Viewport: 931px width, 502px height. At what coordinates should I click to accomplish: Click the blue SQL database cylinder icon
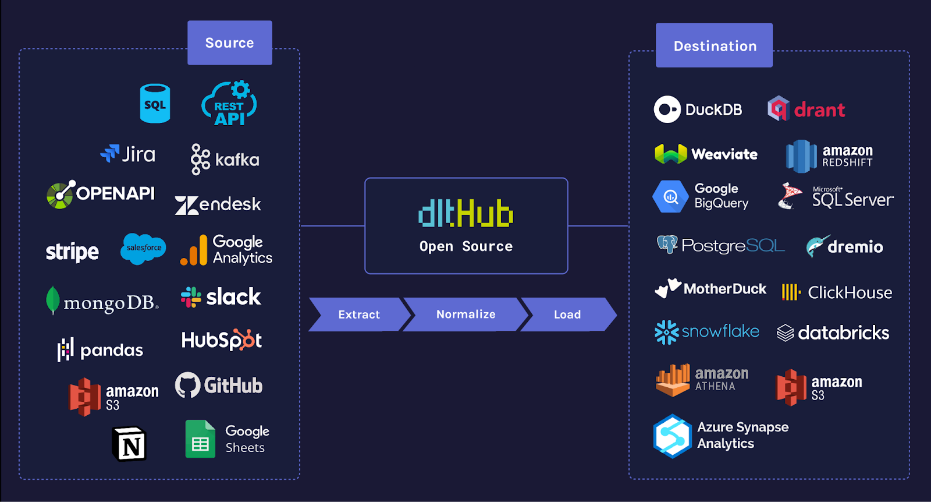tap(155, 104)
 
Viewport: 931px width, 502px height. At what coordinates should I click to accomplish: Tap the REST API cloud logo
tap(229, 104)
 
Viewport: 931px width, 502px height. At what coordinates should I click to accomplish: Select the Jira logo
tap(128, 154)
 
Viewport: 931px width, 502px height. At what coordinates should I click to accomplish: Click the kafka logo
tap(225, 159)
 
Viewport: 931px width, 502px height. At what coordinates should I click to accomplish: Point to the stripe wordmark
tap(72, 252)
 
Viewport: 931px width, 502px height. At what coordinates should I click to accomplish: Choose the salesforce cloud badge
tap(143, 248)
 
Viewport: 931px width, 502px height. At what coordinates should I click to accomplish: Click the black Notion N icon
tap(129, 444)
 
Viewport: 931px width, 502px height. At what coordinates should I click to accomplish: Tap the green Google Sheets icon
tap(200, 439)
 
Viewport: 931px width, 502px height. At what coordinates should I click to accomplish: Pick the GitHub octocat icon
tap(187, 385)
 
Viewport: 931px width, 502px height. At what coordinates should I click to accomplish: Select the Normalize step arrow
tap(465, 314)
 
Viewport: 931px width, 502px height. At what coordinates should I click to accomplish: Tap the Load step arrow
tap(567, 314)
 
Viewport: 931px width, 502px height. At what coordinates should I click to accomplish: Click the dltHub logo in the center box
tap(465, 214)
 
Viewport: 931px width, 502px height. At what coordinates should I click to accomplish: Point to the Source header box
tap(230, 43)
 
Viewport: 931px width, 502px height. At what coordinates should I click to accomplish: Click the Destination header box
tap(715, 45)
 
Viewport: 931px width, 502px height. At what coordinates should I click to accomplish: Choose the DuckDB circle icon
tap(667, 109)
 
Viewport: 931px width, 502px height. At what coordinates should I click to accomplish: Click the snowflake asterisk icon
tap(666, 332)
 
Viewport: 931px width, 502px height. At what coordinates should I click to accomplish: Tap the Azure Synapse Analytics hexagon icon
tap(672, 436)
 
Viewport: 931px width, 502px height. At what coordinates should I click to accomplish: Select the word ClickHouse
tap(850, 292)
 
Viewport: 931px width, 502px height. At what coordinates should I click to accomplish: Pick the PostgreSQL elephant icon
tap(667, 244)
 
